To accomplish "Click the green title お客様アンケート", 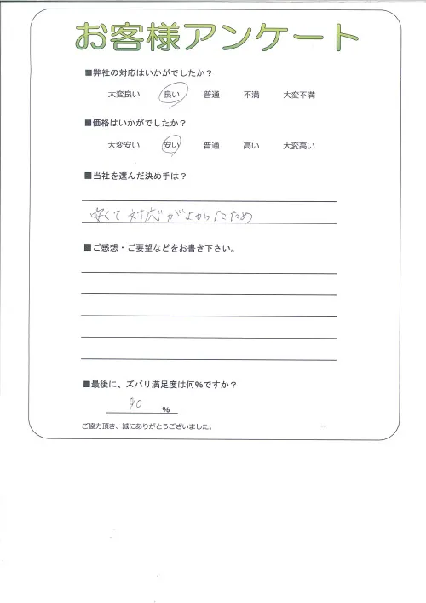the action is [x=216, y=36].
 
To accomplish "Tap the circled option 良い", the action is [x=172, y=96].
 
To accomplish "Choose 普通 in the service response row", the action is [x=213, y=96].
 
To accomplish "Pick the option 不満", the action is [x=252, y=96].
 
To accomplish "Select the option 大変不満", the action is [x=300, y=96].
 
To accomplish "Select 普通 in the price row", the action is [x=213, y=147].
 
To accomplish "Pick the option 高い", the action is [x=252, y=147].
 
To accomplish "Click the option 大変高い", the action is [x=300, y=147].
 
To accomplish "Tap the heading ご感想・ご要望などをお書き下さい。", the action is [x=162, y=248].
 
